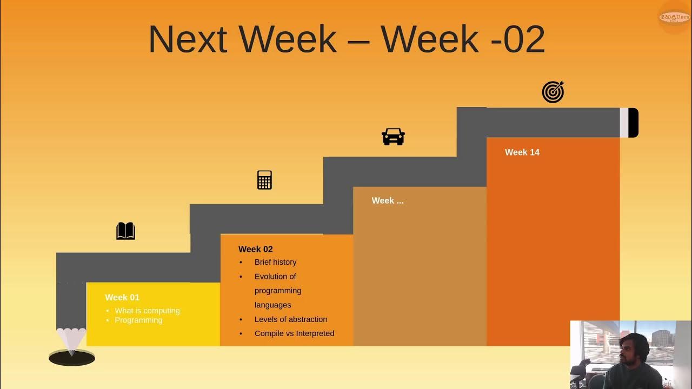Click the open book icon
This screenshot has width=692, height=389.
point(125,231)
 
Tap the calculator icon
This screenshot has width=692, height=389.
point(264,180)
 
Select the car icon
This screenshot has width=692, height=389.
point(393,137)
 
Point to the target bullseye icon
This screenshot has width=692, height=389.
point(553,92)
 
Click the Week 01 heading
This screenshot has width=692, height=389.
point(122,297)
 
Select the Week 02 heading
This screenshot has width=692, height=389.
point(255,249)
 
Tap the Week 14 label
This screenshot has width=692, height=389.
point(522,152)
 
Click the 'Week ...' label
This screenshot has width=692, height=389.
point(387,200)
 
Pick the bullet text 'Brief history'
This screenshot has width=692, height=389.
point(275,262)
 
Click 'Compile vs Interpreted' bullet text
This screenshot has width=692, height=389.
point(294,333)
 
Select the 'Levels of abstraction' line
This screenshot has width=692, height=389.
point(291,319)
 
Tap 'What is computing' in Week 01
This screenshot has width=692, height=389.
point(147,311)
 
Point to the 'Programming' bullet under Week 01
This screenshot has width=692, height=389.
point(138,320)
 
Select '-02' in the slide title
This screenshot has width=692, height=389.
point(517,39)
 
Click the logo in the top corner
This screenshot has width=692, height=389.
point(674,17)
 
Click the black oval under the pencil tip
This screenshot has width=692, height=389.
point(72,358)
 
